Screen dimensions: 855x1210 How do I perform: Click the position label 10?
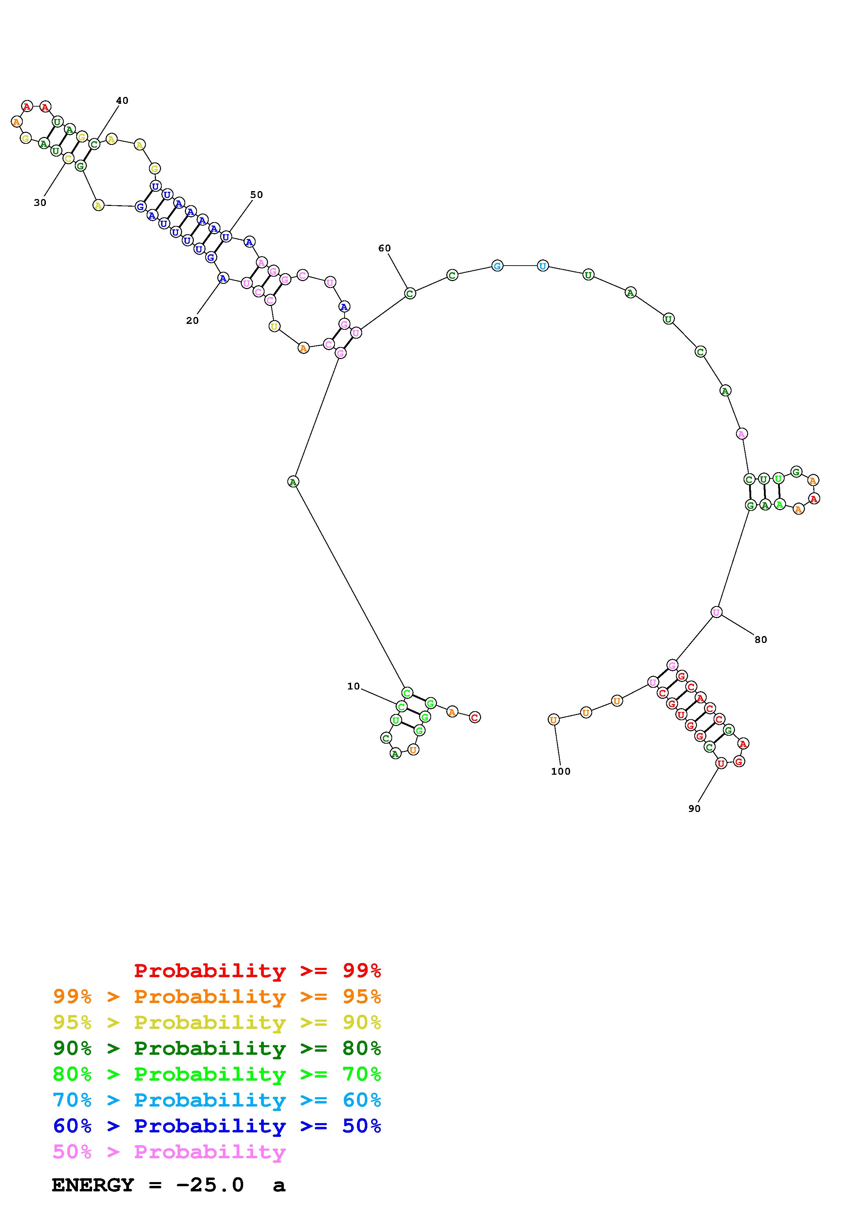pos(354,686)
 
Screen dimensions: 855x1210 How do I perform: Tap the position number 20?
pos(192,320)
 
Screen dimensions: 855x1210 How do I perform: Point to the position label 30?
pos(40,203)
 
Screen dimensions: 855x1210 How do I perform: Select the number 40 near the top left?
pos(122,101)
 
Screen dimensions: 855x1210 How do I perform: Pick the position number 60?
pos(385,248)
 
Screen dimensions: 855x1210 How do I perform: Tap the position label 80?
pos(761,640)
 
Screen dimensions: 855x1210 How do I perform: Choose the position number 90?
pos(694,809)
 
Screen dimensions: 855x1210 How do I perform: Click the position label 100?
pos(560,772)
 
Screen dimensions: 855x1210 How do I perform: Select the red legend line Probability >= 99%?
pos(258,971)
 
